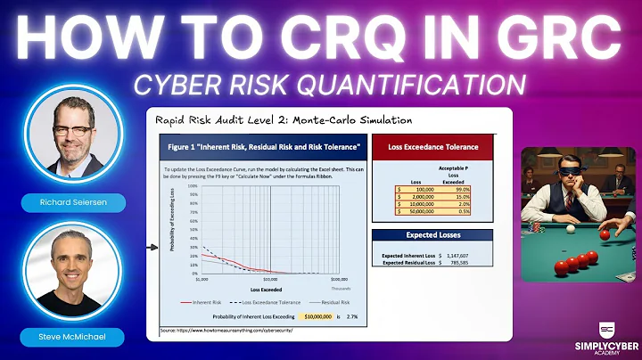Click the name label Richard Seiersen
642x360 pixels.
pyautogui.click(x=72, y=204)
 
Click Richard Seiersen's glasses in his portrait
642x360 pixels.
pyautogui.click(x=71, y=130)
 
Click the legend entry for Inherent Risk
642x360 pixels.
pyautogui.click(x=204, y=302)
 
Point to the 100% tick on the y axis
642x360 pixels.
pyautogui.click(x=188, y=188)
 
